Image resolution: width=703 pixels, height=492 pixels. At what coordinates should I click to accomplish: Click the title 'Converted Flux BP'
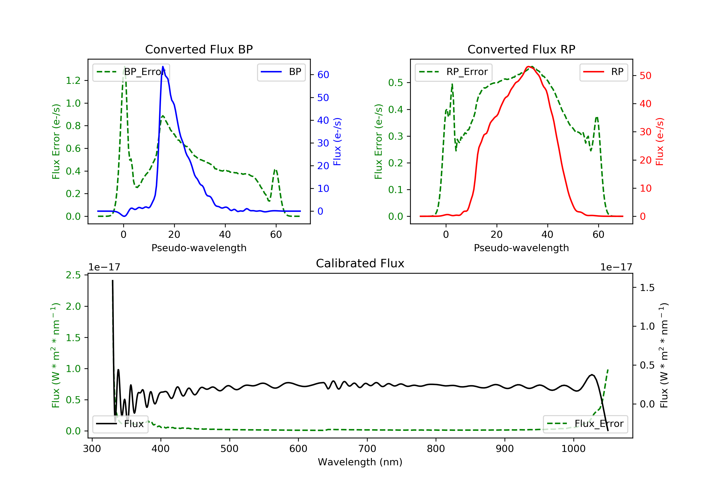[x=199, y=49]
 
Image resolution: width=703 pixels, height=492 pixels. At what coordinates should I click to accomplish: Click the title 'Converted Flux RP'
[x=521, y=49]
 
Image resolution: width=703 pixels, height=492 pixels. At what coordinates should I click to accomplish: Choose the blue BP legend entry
[x=281, y=72]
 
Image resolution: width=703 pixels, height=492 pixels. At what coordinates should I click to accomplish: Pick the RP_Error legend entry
[x=453, y=72]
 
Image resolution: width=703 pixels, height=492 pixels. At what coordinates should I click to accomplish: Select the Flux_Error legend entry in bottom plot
[x=585, y=424]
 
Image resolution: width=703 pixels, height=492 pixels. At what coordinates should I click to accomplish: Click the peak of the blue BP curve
[x=163, y=67]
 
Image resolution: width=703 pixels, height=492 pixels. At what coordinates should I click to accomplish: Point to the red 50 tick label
[x=645, y=76]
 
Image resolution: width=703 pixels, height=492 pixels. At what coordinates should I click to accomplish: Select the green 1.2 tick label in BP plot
[x=73, y=81]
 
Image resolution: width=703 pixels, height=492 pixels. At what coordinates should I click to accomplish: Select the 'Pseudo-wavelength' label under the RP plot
[x=521, y=248]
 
